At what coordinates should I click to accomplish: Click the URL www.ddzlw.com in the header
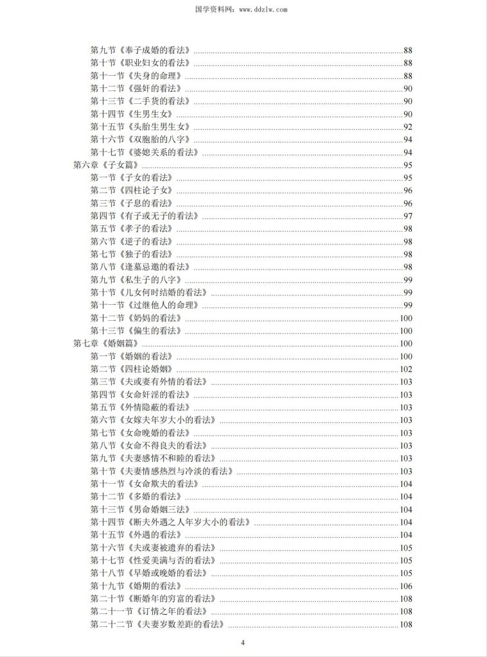(x=262, y=10)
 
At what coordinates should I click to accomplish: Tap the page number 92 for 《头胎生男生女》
(x=407, y=126)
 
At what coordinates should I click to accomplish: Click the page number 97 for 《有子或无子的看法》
(x=407, y=216)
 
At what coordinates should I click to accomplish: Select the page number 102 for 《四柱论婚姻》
(x=405, y=369)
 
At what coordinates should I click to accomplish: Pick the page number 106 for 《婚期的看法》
(x=405, y=586)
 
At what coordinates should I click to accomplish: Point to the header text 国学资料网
(x=220, y=10)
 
